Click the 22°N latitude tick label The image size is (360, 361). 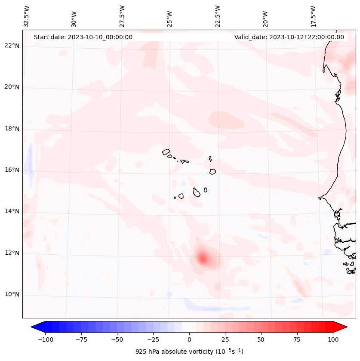click(12, 46)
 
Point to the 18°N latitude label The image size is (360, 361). click(12, 129)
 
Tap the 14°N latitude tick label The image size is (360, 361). click(12, 211)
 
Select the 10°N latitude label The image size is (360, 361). click(12, 295)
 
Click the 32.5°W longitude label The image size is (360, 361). click(27, 16)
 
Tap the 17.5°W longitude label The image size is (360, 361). click(314, 16)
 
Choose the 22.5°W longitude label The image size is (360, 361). click(218, 16)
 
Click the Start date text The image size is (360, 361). click(83, 37)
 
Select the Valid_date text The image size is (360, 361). click(289, 37)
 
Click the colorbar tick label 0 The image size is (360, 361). click(189, 339)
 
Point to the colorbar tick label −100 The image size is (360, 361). click(45, 339)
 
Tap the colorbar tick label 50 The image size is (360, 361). click(261, 339)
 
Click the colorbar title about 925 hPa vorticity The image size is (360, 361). click(189, 352)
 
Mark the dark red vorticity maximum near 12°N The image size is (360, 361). click(203, 258)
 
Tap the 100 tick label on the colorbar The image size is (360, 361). click(333, 339)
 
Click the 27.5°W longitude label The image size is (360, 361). click(122, 16)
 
